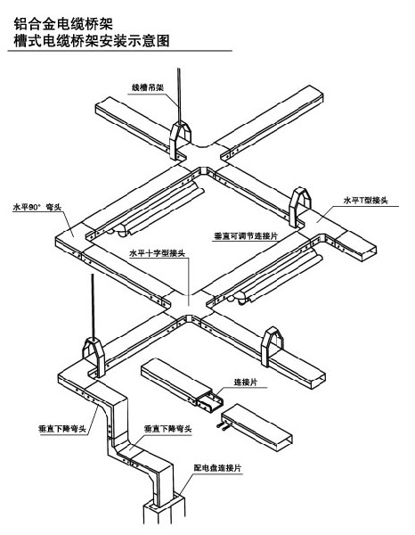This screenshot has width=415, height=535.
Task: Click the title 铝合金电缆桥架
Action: click(62, 24)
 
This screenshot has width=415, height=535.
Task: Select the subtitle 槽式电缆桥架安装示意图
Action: click(92, 41)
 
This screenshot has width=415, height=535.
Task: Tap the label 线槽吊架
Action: click(148, 87)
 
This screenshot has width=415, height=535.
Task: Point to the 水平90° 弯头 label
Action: click(37, 207)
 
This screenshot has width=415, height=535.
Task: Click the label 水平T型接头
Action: click(366, 201)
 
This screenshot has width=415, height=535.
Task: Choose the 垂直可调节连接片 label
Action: click(246, 235)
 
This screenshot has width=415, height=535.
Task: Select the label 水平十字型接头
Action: click(157, 253)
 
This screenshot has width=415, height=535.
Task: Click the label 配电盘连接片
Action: click(217, 468)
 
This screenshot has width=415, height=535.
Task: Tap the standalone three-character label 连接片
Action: click(245, 383)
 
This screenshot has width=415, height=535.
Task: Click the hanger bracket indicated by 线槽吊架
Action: click(180, 141)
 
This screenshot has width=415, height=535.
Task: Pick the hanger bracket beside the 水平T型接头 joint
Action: click(299, 207)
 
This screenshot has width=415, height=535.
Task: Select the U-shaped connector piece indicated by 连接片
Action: click(210, 401)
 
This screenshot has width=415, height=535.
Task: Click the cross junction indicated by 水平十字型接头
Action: click(188, 307)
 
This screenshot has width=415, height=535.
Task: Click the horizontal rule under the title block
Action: click(119, 52)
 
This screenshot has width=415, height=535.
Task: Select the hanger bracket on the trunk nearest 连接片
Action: click(272, 346)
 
